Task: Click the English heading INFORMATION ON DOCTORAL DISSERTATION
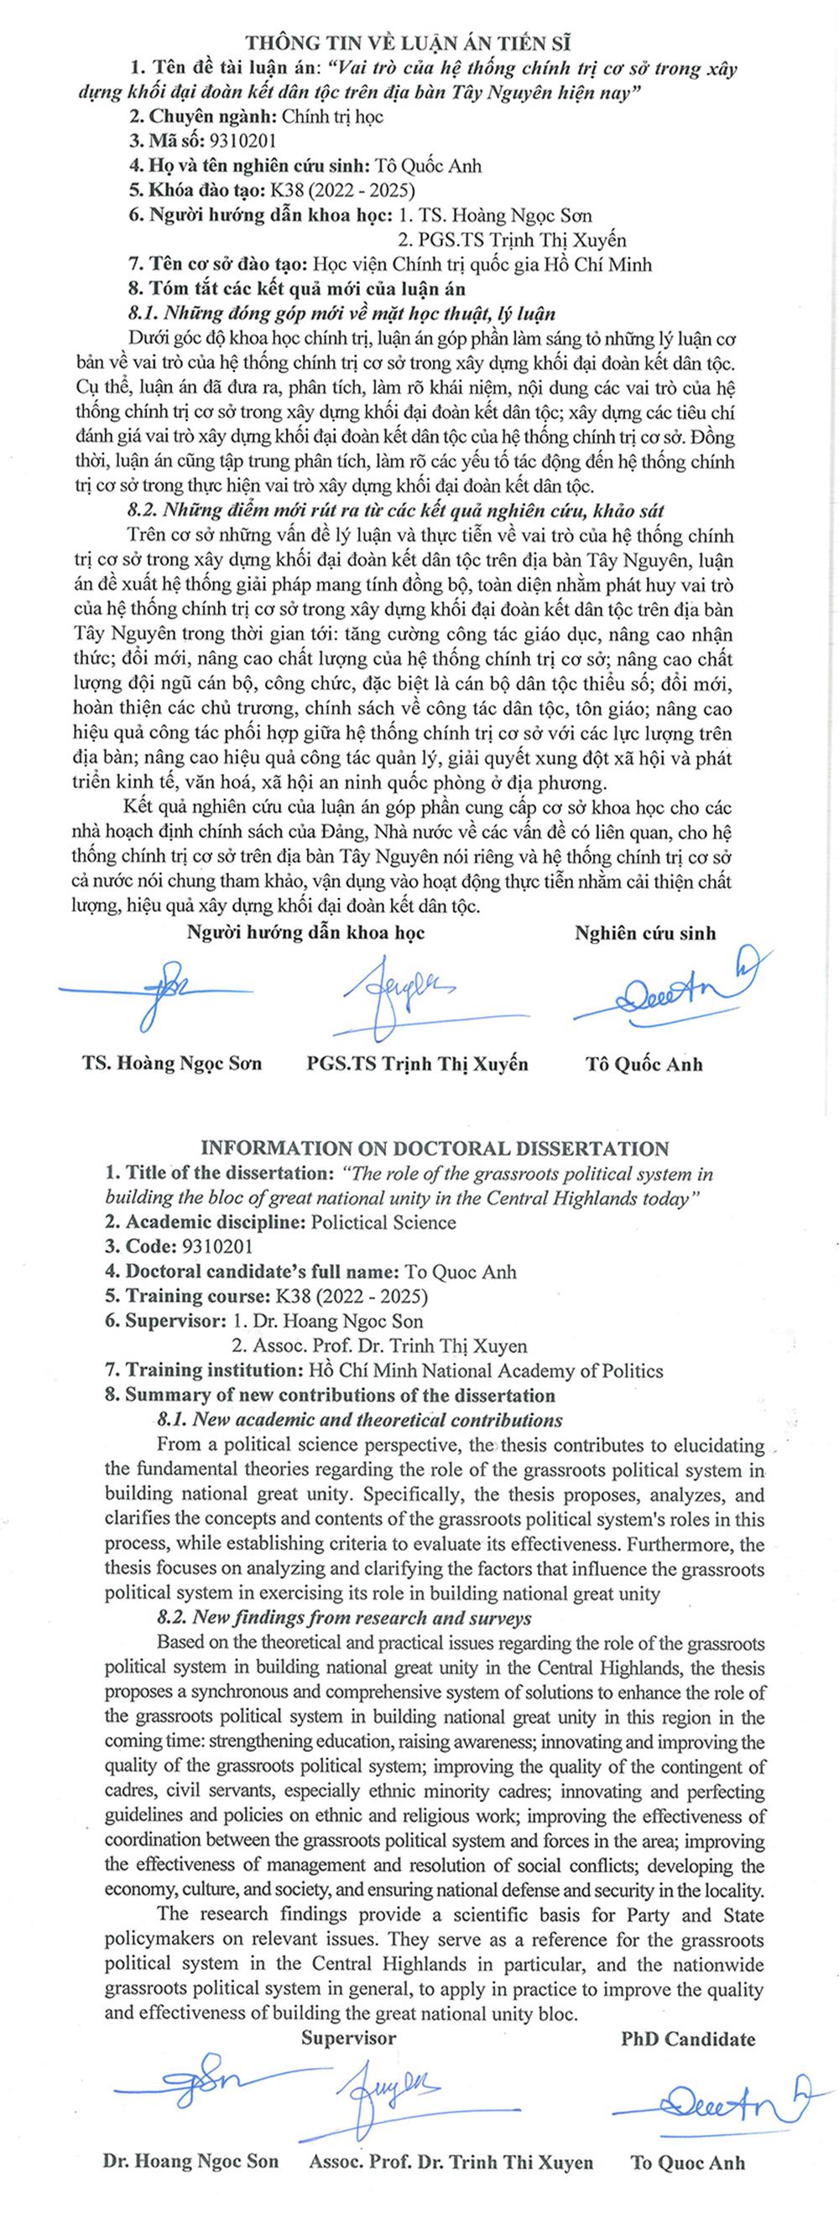(x=434, y=1148)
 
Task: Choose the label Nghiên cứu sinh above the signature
(x=645, y=933)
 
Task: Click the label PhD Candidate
(x=687, y=2039)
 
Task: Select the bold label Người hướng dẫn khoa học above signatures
(x=305, y=932)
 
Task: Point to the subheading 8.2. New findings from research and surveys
(x=344, y=1619)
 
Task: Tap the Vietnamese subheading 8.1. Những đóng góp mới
(x=341, y=314)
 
